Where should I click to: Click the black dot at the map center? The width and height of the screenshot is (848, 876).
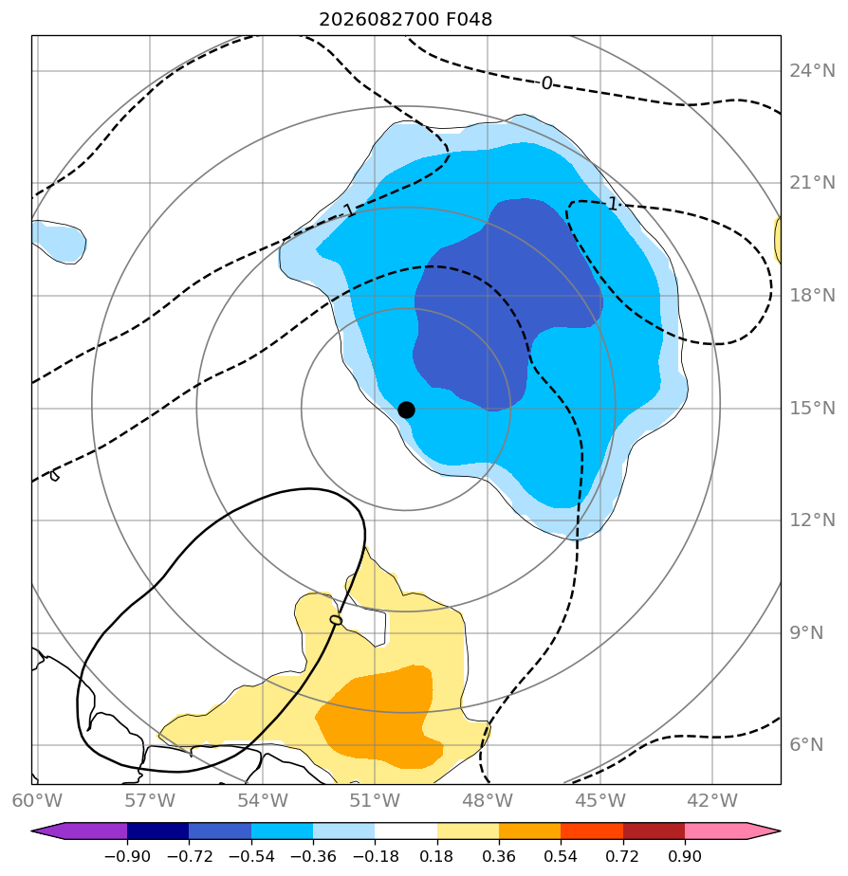pos(406,411)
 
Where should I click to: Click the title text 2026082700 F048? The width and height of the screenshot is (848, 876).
pos(405,20)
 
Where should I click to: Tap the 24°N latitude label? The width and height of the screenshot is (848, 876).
pos(812,71)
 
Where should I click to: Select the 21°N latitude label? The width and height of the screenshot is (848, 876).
pos(812,183)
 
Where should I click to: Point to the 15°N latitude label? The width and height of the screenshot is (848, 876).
pos(812,409)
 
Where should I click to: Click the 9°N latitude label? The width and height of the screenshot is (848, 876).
pos(806,633)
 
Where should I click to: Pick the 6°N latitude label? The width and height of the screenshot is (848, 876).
pos(806,745)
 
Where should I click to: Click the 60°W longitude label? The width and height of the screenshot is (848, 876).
pos(37,800)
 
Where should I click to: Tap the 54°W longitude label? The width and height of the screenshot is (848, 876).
pos(263,800)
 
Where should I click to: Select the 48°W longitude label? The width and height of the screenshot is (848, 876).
pos(488,800)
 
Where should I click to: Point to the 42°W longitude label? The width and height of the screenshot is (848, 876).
pos(712,800)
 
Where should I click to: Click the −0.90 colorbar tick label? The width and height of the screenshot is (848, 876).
pos(127,856)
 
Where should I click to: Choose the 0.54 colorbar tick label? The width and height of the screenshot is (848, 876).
pos(561,856)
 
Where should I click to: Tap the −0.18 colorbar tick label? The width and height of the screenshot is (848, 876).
pos(375,856)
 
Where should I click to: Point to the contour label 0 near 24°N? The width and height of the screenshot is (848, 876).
pos(546,83)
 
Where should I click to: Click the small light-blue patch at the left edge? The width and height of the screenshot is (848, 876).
pos(59,242)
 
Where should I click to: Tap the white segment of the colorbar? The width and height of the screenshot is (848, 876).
pos(406,831)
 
